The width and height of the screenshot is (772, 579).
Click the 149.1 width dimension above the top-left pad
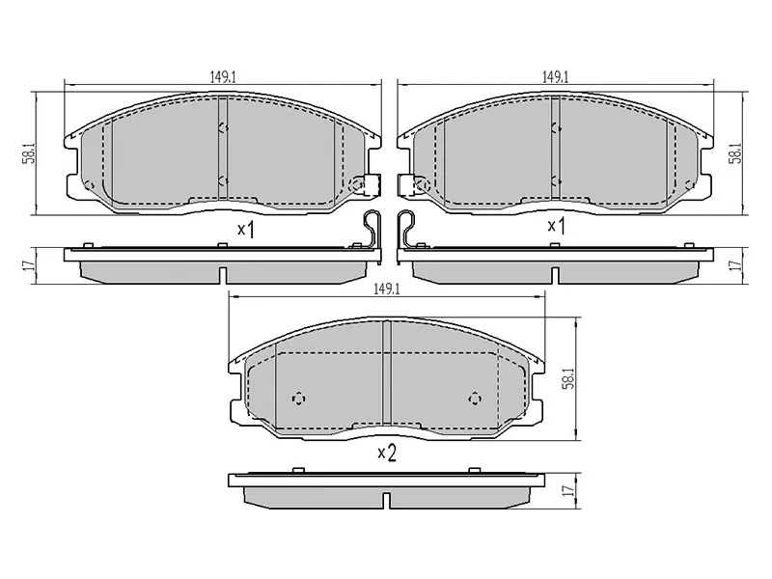[223, 77]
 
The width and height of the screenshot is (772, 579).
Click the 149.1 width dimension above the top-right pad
[556, 77]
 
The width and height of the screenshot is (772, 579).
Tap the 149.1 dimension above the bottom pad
[387, 289]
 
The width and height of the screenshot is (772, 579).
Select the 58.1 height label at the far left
[31, 153]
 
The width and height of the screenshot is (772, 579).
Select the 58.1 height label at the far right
[737, 153]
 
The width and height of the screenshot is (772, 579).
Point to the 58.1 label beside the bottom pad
[569, 378]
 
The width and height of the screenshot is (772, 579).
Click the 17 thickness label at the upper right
[737, 264]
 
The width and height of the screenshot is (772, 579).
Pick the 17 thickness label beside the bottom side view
[569, 490]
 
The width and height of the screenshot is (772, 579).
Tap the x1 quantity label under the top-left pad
[246, 229]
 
